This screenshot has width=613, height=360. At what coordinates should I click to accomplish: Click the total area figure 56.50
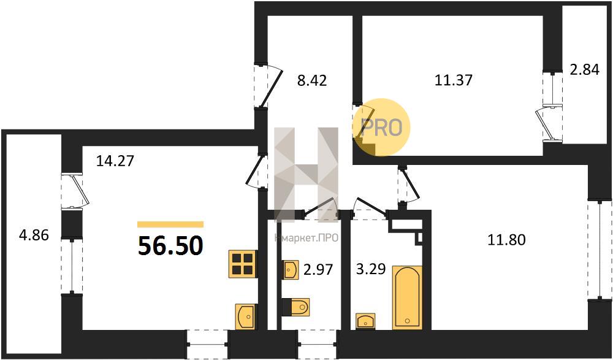[170, 246]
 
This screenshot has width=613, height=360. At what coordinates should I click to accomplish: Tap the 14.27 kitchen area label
[115, 161]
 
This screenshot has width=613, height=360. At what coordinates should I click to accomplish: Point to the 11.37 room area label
[454, 80]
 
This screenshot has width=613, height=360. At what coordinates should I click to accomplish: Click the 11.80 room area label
[506, 239]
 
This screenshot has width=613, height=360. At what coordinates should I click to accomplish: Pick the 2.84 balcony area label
[584, 69]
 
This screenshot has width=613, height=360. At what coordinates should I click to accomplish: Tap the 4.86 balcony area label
[34, 236]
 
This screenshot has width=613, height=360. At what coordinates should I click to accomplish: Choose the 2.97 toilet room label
[318, 269]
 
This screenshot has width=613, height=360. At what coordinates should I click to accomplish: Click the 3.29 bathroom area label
[371, 269]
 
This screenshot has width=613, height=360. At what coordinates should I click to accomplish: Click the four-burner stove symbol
[243, 264]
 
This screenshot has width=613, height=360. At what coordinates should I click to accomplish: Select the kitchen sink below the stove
[245, 316]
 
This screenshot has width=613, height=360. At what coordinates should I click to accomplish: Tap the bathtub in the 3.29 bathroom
[408, 297]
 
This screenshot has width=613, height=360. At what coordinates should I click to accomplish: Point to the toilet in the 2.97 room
[296, 307]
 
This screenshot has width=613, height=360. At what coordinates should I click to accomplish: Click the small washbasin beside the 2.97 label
[291, 270]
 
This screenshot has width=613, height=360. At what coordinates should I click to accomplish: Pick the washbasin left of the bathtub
[365, 321]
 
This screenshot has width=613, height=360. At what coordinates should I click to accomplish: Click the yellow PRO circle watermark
[381, 127]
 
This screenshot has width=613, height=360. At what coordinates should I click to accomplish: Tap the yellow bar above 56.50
[170, 224]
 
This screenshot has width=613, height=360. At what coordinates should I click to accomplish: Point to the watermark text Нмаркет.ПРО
[306, 238]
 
